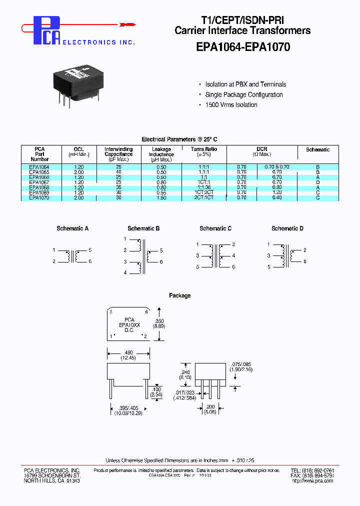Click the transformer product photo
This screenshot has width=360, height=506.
pyautogui.click(x=79, y=84)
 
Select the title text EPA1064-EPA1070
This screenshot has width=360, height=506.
pyautogui.click(x=242, y=47)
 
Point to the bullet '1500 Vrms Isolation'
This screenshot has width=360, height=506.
pyautogui.click(x=231, y=105)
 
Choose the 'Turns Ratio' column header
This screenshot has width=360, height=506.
pyautogui.click(x=204, y=149)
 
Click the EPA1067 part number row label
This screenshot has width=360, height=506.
pyautogui.click(x=39, y=182)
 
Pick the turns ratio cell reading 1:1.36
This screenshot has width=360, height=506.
pyautogui.click(x=204, y=187)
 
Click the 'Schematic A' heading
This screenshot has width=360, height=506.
pyautogui.click(x=72, y=228)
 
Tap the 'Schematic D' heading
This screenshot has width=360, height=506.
pyautogui.click(x=287, y=228)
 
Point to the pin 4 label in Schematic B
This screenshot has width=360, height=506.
pyautogui.click(x=125, y=273)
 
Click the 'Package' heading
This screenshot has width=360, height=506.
pyautogui.click(x=179, y=295)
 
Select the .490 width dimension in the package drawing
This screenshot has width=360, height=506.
pyautogui.click(x=129, y=351)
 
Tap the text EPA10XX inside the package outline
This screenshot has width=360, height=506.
pyautogui.click(x=129, y=325)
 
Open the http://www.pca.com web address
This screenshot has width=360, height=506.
pyautogui.click(x=312, y=481)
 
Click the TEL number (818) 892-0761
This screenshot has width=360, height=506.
pyautogui.click(x=319, y=471)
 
